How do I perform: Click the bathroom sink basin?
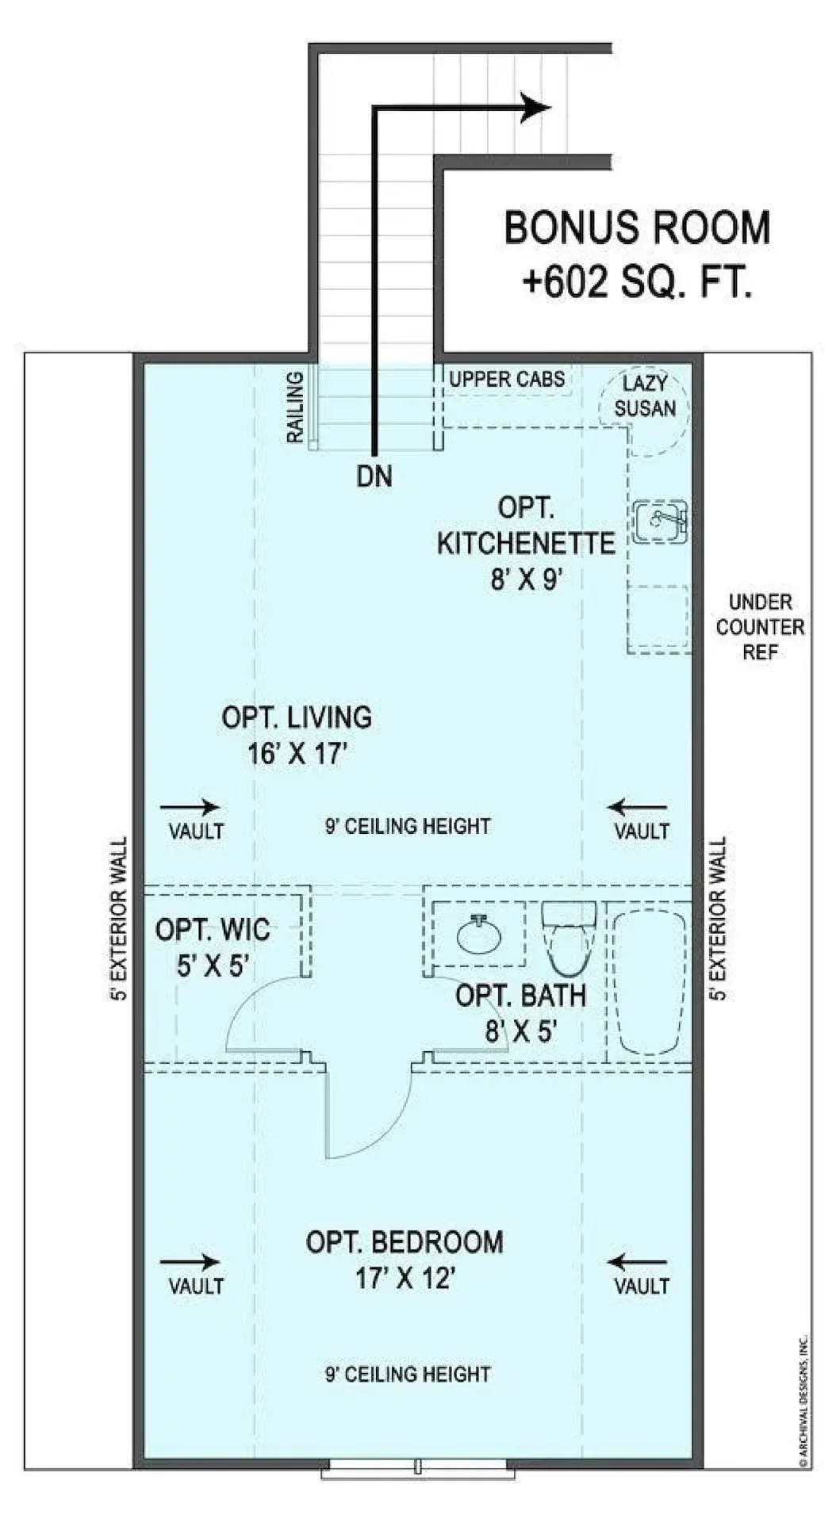pyautogui.click(x=479, y=936)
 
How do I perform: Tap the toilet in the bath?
pyautogui.click(x=568, y=938)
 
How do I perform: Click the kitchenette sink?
pyautogui.click(x=660, y=521)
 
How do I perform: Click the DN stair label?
pyautogui.click(x=374, y=476)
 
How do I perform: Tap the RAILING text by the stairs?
pyautogui.click(x=295, y=407)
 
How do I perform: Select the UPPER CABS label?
pyautogui.click(x=507, y=379)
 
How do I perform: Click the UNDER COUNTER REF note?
pyautogui.click(x=760, y=626)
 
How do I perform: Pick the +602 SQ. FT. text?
pyautogui.click(x=636, y=281)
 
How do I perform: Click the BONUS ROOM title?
pyautogui.click(x=637, y=228)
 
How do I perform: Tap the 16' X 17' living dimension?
pyautogui.click(x=297, y=753)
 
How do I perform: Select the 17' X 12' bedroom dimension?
pyautogui.click(x=405, y=1278)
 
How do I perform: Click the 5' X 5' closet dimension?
pyautogui.click(x=213, y=965)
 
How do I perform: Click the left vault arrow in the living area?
pyautogui.click(x=190, y=808)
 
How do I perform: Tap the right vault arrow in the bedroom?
pyautogui.click(x=638, y=1262)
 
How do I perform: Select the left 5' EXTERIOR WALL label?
pyautogui.click(x=120, y=919)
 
